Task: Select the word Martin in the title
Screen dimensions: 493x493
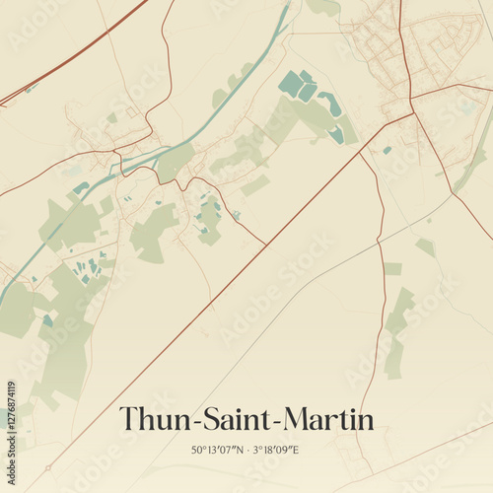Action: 327,419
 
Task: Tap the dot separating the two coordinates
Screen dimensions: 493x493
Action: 247,451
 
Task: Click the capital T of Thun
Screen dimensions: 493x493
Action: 128,419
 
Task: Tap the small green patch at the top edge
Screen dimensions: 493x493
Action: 323,7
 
